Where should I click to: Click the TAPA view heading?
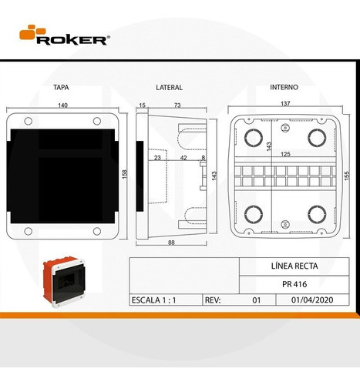tap(62, 87)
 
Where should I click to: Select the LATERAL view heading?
tap(168, 87)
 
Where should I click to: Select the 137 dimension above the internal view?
tap(284, 104)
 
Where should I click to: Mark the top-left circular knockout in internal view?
tap(252, 137)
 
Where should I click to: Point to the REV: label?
tap(214, 301)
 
